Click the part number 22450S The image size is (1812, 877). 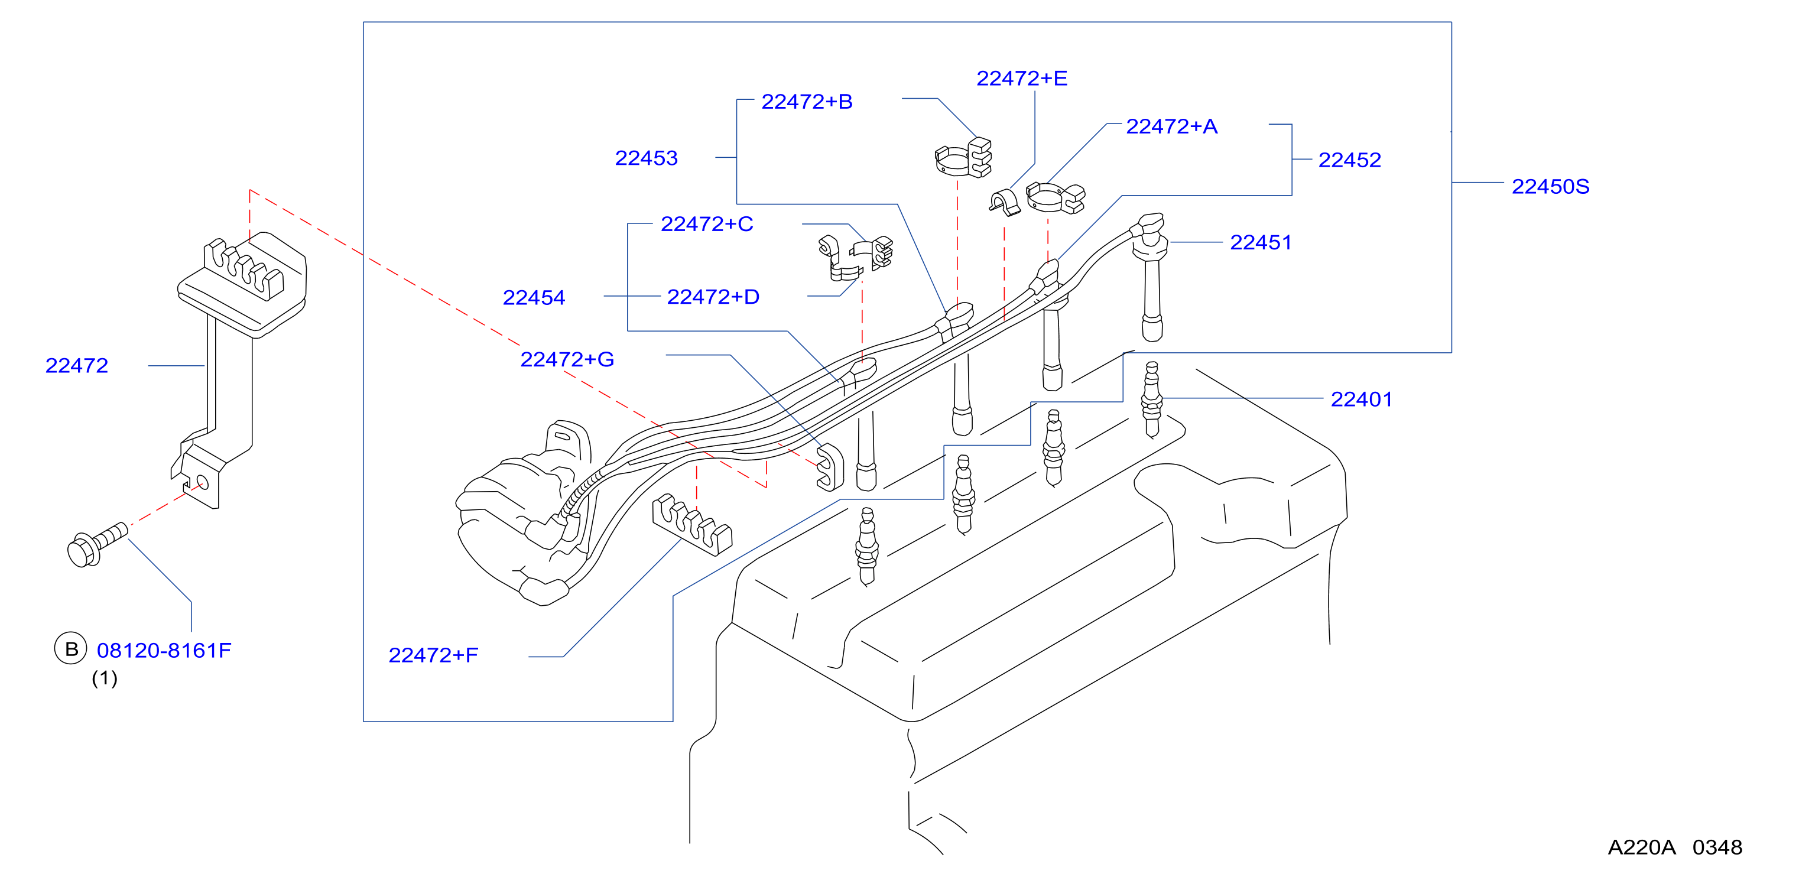pyautogui.click(x=1550, y=186)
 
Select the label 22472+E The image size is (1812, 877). pyautogui.click(x=1021, y=78)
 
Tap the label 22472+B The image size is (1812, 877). pyautogui.click(x=807, y=101)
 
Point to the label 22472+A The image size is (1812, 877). pyautogui.click(x=1171, y=126)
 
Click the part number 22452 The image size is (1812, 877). pyautogui.click(x=1349, y=160)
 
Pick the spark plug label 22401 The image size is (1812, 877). pyautogui.click(x=1361, y=399)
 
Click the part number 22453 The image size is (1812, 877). pyautogui.click(x=646, y=158)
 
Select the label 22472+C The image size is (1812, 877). pyautogui.click(x=707, y=223)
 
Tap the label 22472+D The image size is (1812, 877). pyautogui.click(x=713, y=297)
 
